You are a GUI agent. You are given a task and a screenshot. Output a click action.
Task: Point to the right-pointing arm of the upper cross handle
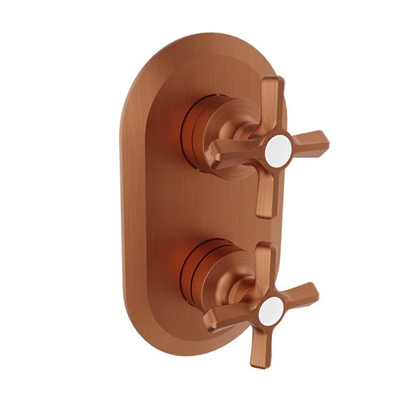coord(308,142)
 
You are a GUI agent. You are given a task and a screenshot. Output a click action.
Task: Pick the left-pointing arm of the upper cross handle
coord(233,155)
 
